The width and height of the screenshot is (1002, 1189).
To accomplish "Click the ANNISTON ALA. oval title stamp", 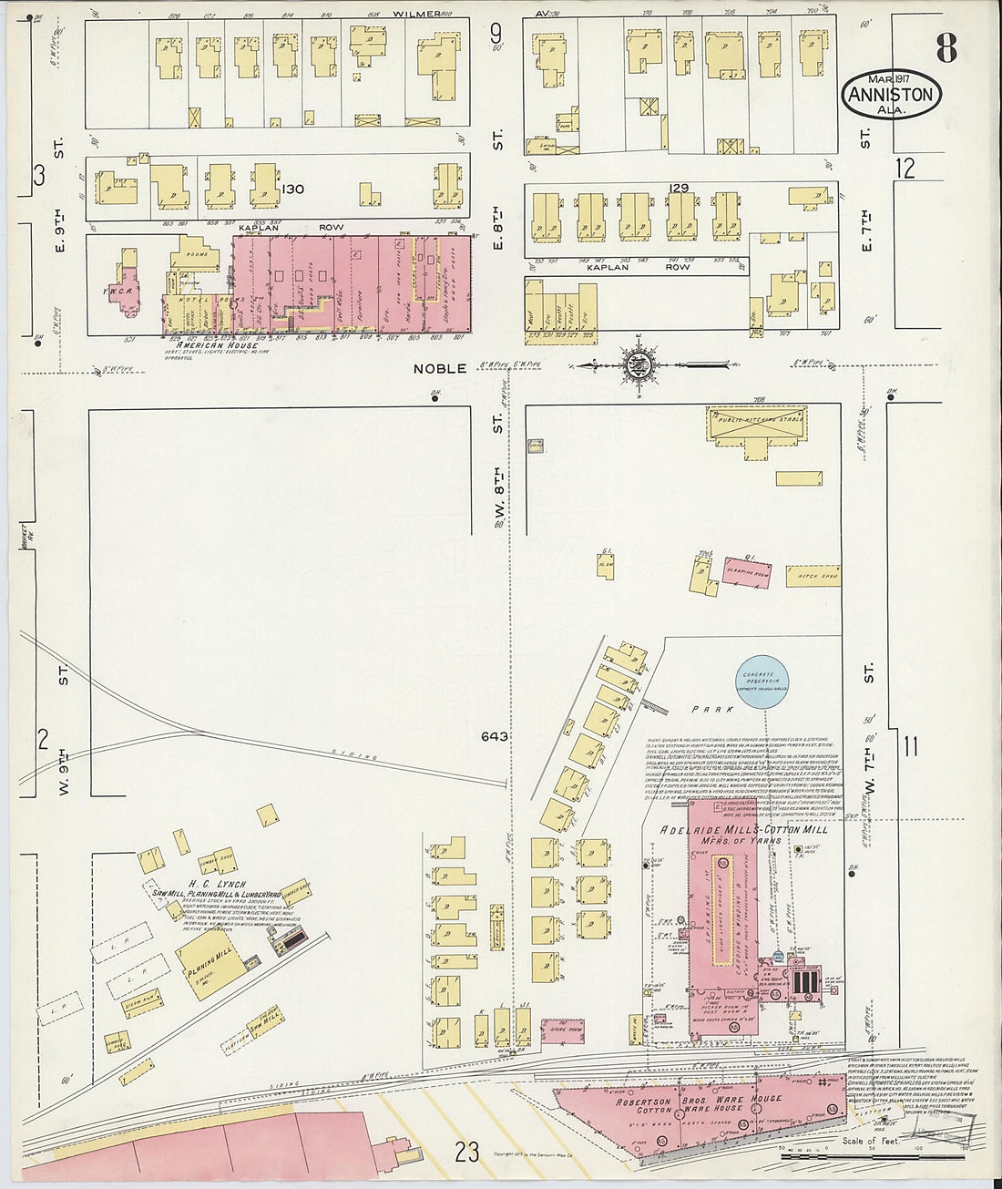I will point(891,95).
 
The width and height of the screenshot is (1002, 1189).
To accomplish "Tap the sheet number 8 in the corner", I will point(946,48).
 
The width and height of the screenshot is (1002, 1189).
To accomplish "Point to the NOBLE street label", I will point(441,369).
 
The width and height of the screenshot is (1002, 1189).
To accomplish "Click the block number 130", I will point(292,190).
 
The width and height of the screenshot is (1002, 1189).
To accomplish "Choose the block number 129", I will point(679,188).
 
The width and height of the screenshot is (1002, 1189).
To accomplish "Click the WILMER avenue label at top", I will point(415,15).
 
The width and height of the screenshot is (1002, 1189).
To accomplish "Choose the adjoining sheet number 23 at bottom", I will point(467,1153).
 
